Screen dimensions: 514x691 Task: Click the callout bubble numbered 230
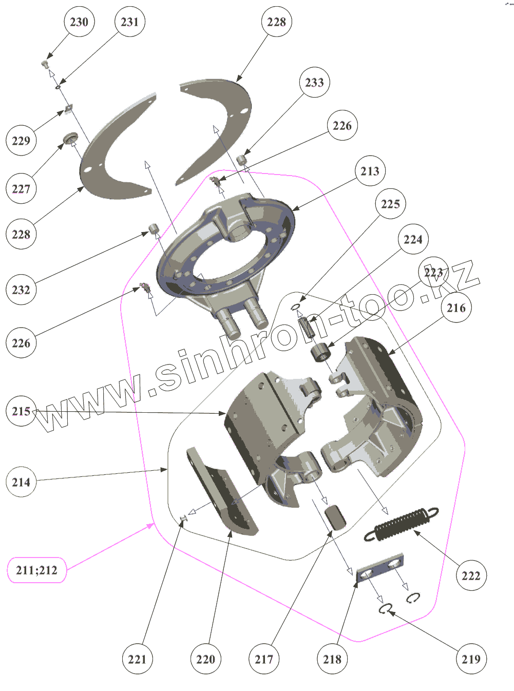(x=79, y=22)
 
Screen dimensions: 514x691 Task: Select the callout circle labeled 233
(x=314, y=82)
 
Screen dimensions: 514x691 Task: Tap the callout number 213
(x=370, y=171)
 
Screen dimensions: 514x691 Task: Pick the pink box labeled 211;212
(x=37, y=570)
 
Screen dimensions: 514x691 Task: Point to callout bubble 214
(x=21, y=482)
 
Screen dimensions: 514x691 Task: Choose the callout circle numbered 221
(x=137, y=659)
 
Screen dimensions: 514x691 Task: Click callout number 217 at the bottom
(x=264, y=659)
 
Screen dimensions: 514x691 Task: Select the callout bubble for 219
(x=471, y=659)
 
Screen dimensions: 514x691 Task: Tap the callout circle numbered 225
(x=390, y=204)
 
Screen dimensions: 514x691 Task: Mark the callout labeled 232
(x=21, y=290)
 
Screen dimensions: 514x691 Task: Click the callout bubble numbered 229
(x=21, y=141)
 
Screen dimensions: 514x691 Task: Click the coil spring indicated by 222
(x=402, y=524)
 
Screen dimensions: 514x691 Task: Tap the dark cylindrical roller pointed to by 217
(x=335, y=516)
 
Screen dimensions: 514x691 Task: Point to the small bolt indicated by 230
(x=45, y=64)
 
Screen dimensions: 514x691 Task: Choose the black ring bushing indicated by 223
(x=321, y=352)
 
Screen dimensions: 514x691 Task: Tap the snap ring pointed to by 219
(x=385, y=609)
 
